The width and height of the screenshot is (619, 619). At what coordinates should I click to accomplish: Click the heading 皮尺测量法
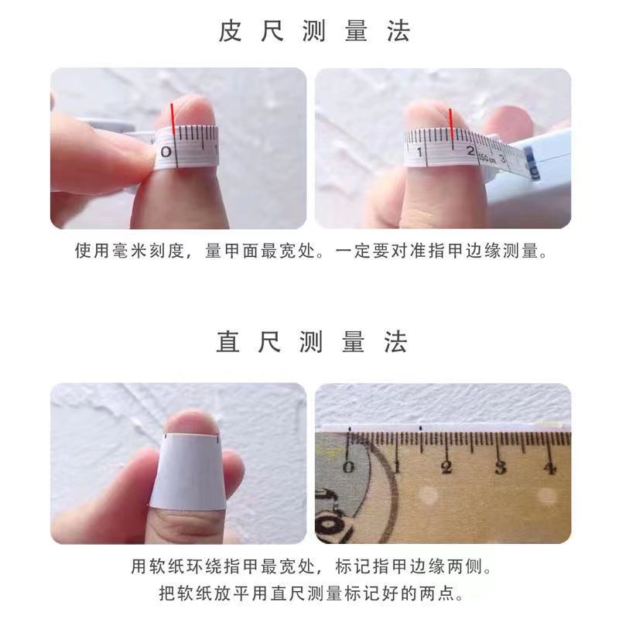pos(313,32)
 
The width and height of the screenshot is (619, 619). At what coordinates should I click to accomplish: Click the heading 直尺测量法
pos(313,341)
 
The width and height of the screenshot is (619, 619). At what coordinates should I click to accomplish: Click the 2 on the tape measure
pos(470,152)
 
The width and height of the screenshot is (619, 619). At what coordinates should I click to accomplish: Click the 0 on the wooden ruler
pos(348,466)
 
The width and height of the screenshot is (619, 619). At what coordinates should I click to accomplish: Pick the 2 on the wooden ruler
pos(446,467)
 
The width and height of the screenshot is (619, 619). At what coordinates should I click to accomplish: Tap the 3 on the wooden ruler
pos(500,467)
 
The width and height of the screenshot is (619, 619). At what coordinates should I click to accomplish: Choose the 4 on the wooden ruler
pos(550,467)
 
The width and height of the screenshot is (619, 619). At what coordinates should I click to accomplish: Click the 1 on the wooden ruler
pos(397,467)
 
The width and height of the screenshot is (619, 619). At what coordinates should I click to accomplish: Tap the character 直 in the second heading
pos(230,341)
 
